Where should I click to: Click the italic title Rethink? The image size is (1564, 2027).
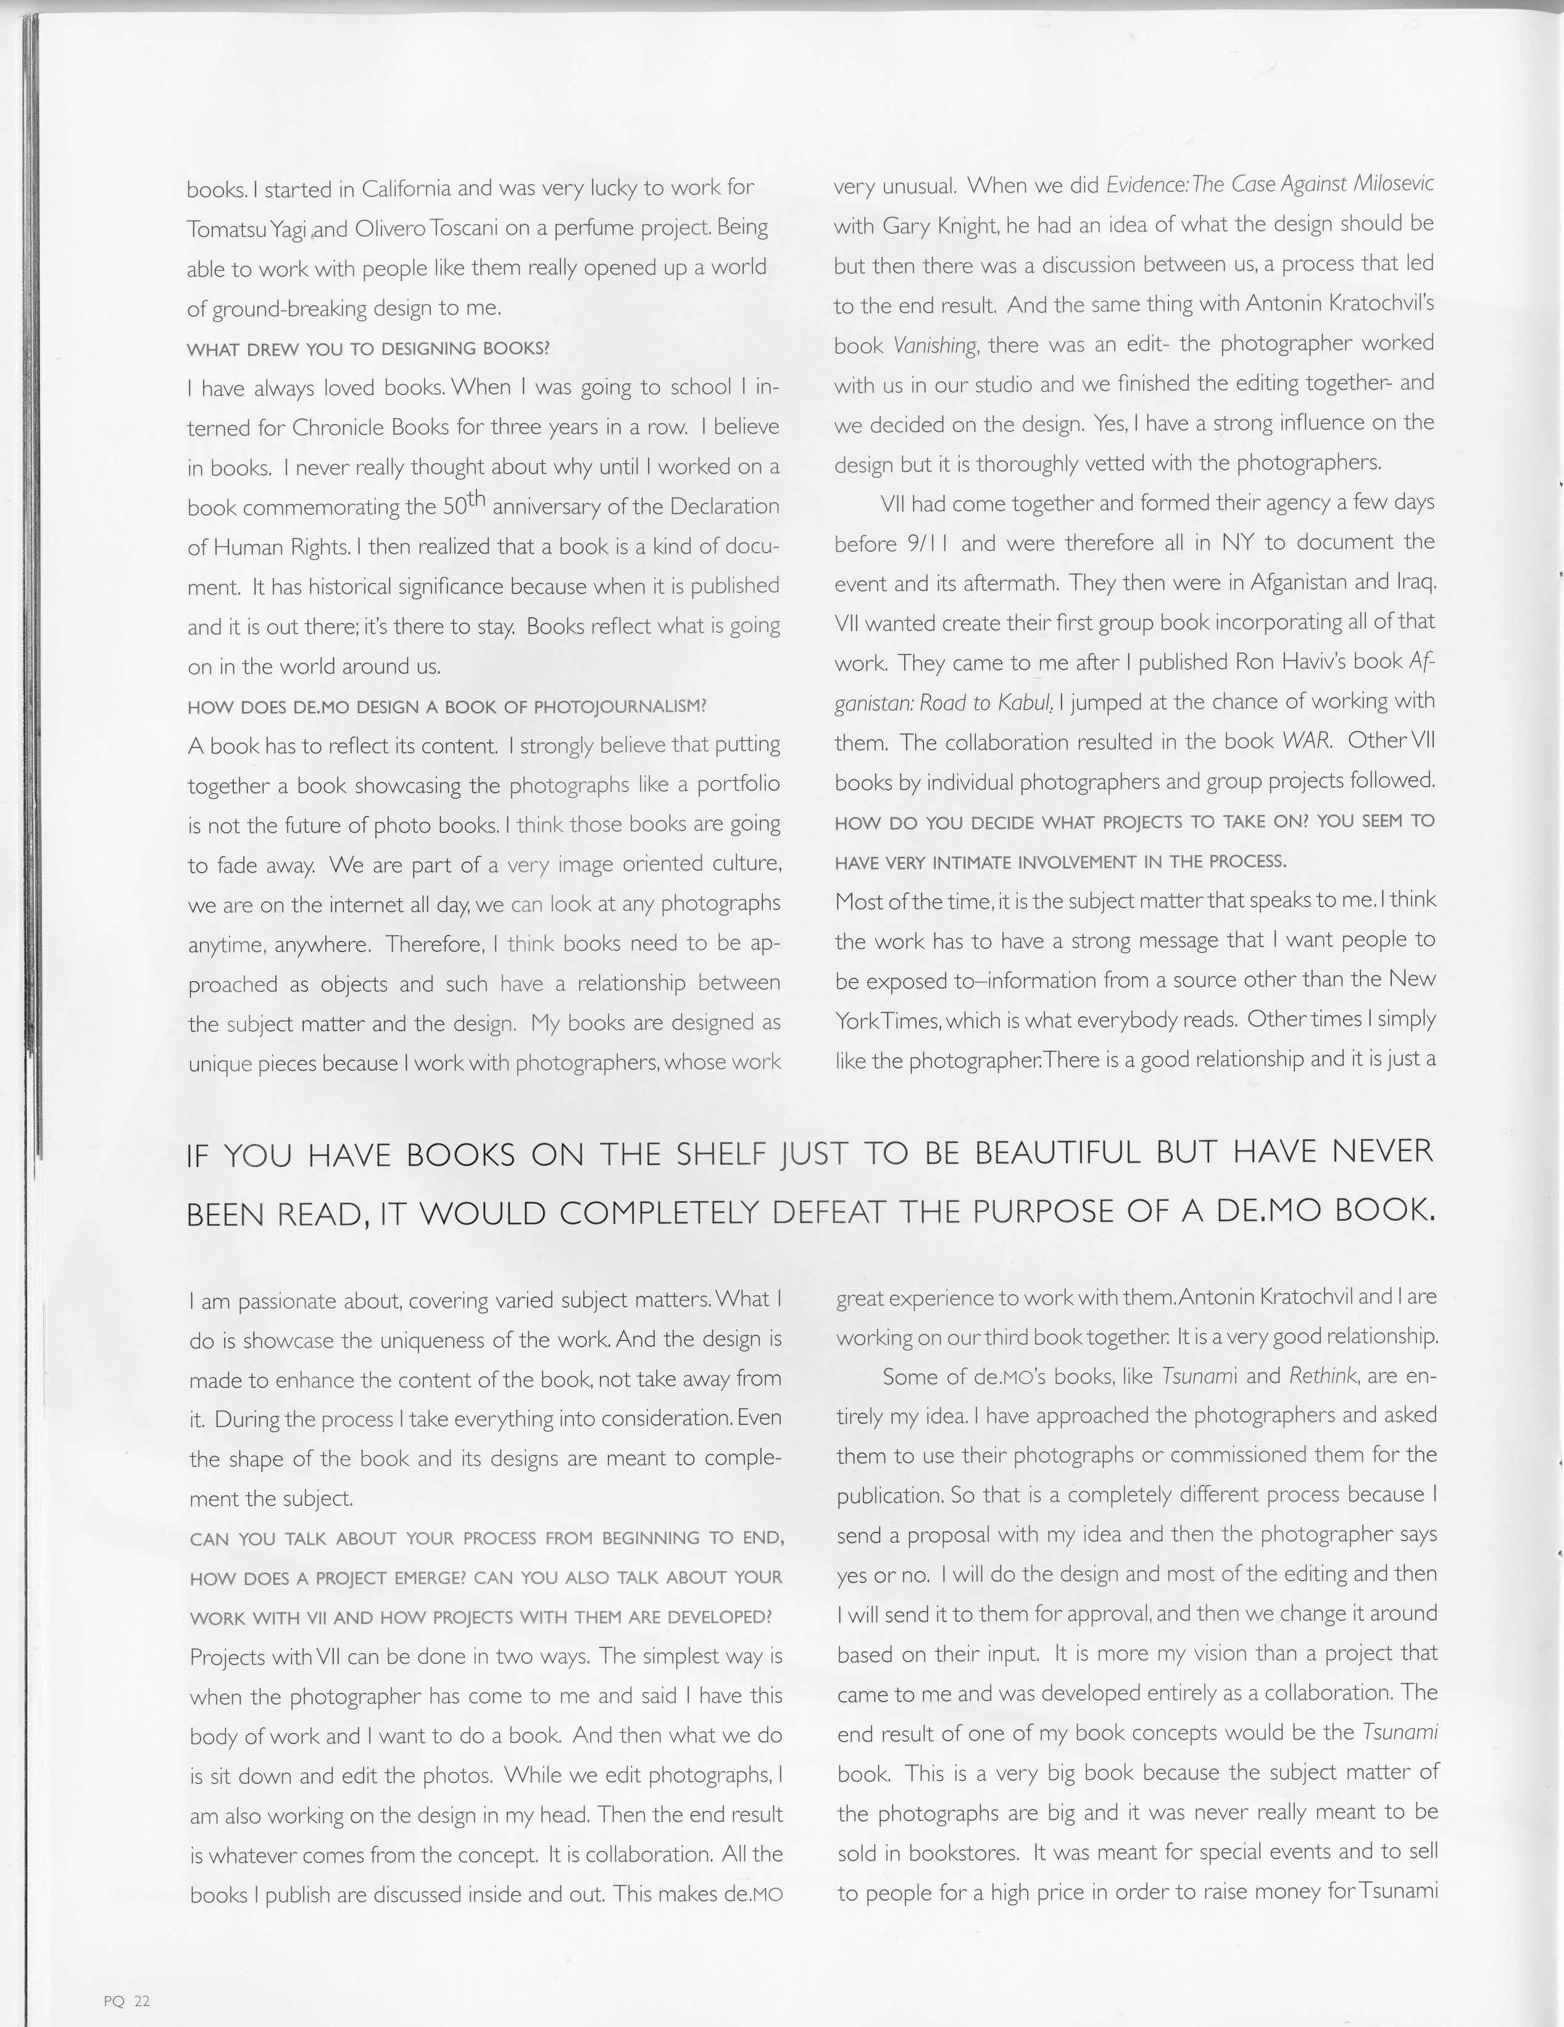1324,1376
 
